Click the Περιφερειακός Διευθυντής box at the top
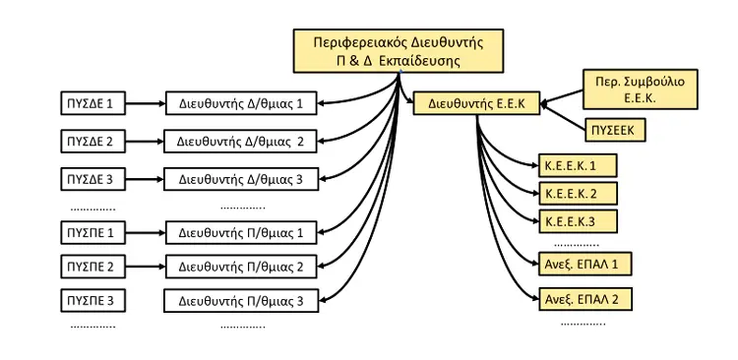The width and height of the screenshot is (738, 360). point(399,51)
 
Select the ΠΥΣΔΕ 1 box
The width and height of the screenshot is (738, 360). point(93,103)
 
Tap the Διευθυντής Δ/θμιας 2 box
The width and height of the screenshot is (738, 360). point(240,142)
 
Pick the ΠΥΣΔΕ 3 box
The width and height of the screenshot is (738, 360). point(93,179)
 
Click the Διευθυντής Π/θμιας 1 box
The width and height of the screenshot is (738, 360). point(240,232)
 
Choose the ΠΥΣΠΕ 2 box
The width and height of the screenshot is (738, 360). point(93,267)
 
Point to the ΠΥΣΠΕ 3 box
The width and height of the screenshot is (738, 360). point(93,300)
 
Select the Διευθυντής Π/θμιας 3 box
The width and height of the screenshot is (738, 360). point(241,301)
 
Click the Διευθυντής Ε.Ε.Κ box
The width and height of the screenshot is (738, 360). point(476,103)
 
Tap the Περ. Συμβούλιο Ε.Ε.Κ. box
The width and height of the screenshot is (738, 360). point(641,90)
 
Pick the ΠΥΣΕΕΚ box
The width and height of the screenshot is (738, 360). point(615,131)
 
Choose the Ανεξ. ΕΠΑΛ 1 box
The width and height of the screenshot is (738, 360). point(584,264)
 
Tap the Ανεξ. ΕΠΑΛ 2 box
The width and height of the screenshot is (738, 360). point(584,298)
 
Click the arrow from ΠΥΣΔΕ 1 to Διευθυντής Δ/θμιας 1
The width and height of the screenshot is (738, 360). point(146,103)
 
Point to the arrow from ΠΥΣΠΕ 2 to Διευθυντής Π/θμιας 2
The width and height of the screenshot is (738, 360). point(146,267)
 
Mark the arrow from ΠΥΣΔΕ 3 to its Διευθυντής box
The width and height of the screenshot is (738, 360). point(145,179)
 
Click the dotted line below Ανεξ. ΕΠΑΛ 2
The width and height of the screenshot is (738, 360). point(584,324)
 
